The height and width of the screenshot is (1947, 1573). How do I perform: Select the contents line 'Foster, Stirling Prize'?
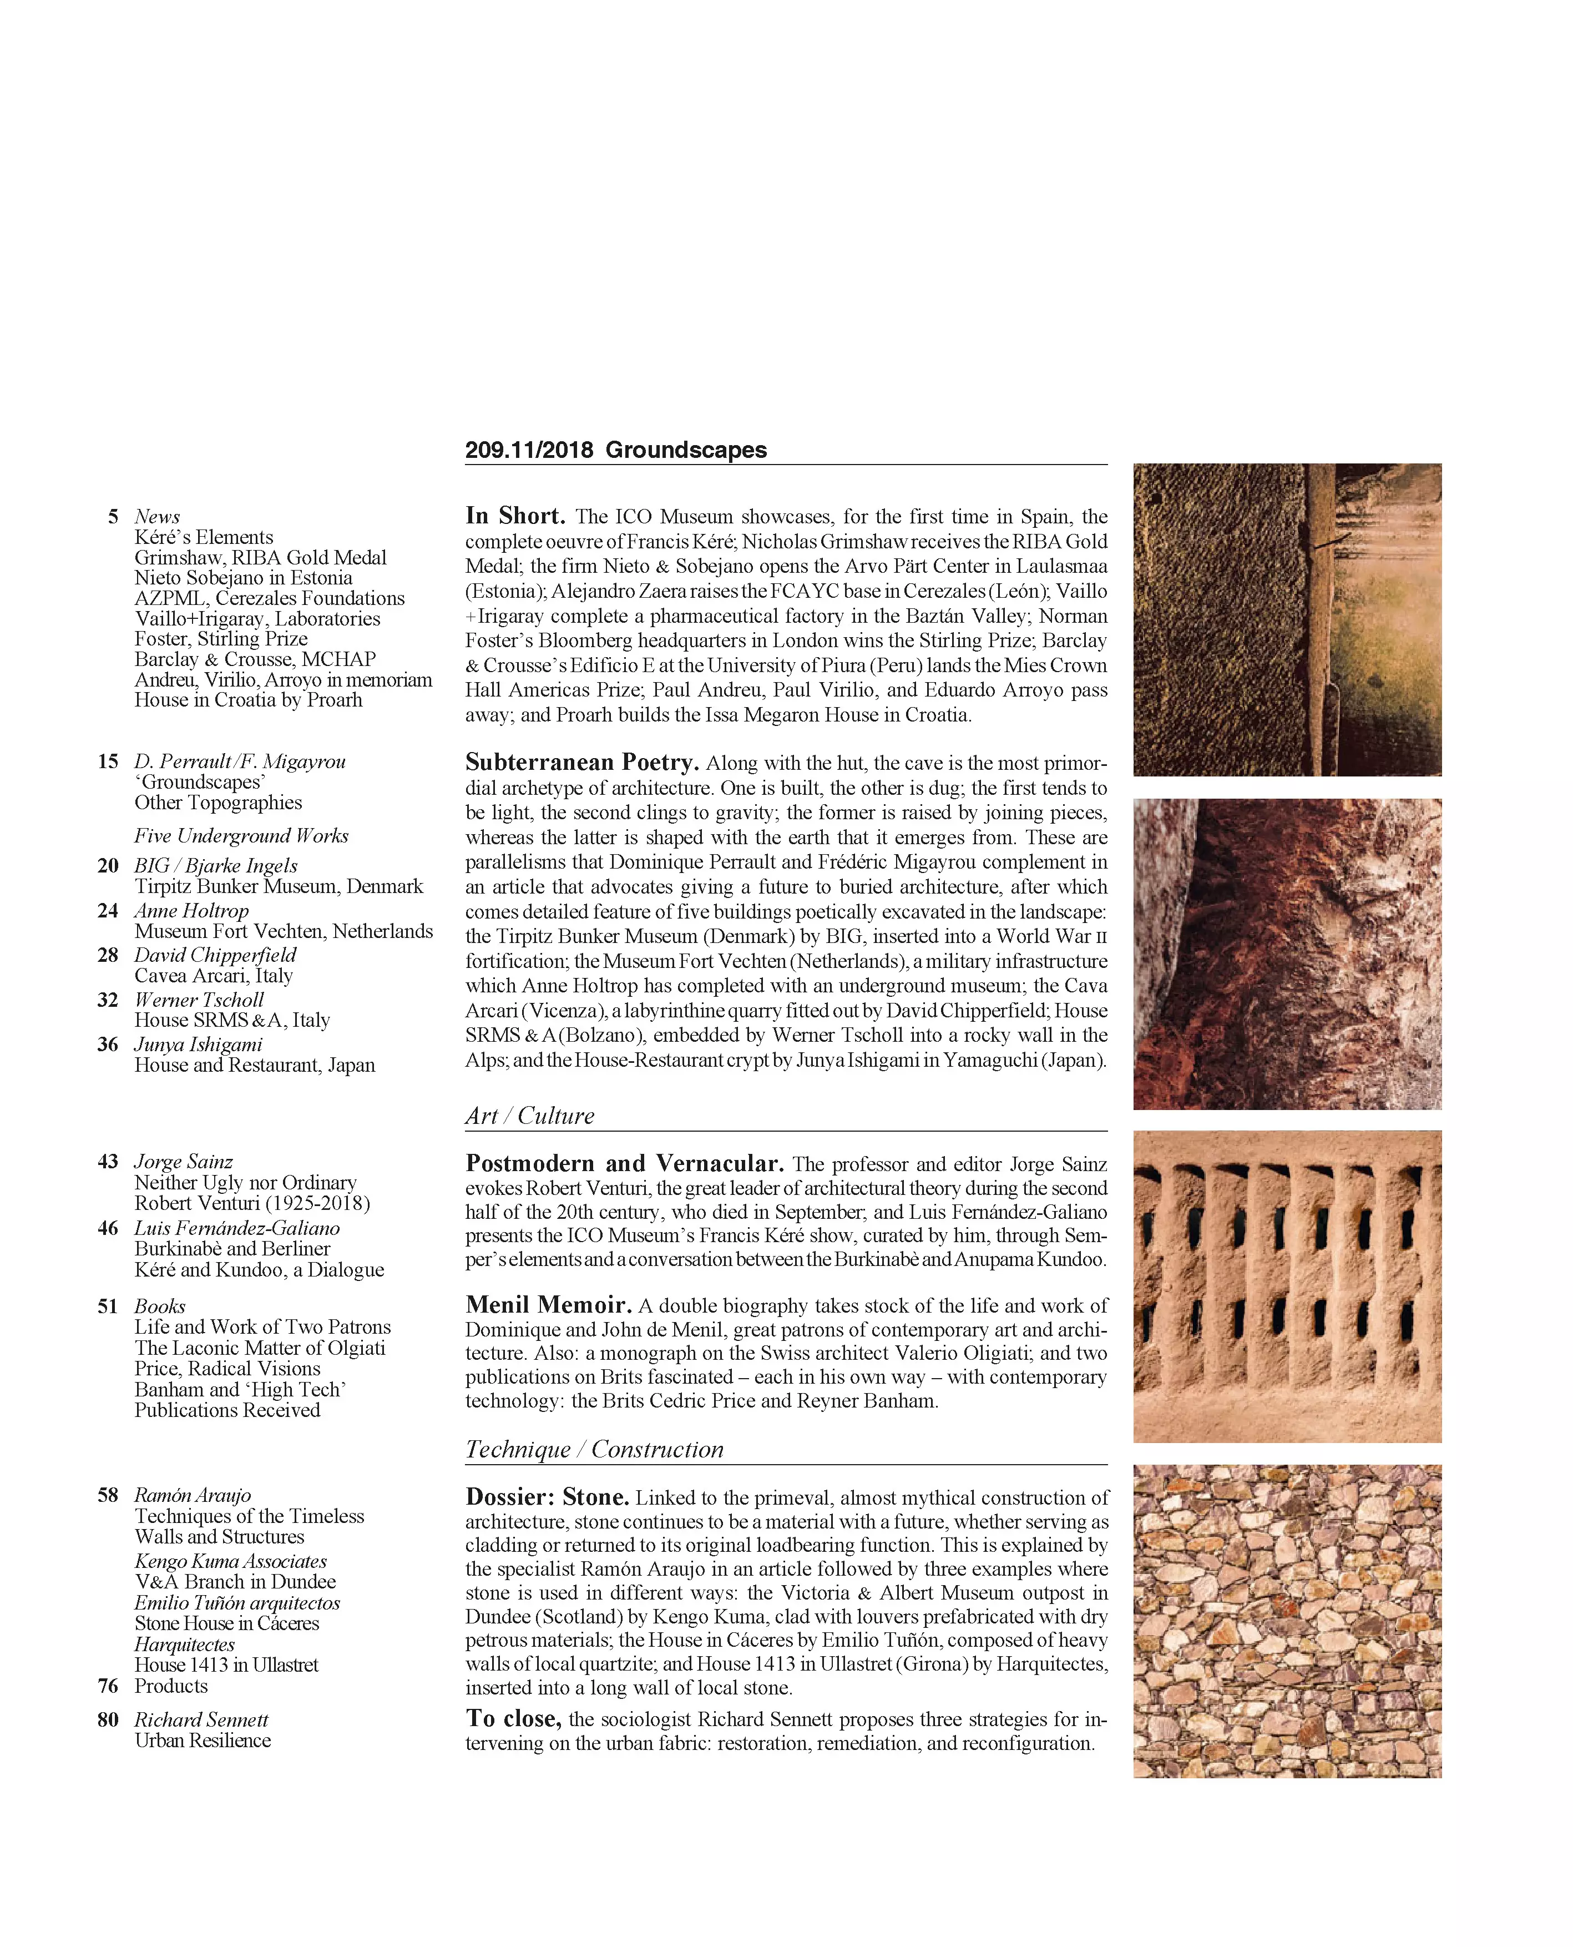[221, 639]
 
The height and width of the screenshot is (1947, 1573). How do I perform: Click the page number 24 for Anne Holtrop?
[108, 911]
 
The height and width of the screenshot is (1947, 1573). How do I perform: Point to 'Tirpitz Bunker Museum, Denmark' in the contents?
[278, 886]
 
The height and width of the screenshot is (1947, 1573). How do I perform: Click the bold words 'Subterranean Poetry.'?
[581, 762]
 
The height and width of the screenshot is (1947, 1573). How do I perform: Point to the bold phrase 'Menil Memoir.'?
[548, 1305]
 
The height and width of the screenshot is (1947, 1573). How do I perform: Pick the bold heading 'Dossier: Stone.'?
[547, 1497]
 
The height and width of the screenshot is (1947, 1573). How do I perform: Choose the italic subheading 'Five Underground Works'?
[241, 836]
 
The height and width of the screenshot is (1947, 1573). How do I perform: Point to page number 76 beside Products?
[108, 1686]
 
